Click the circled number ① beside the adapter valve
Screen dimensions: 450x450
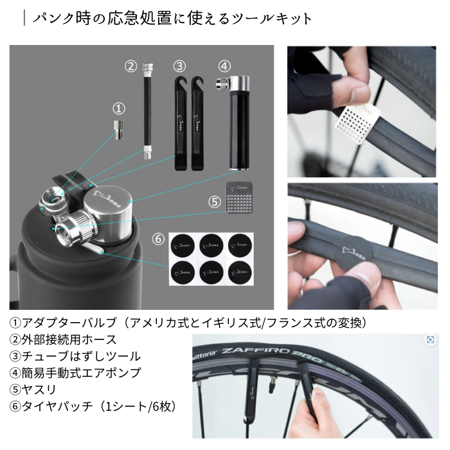[x=118, y=108]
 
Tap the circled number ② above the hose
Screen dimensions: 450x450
[x=131, y=66]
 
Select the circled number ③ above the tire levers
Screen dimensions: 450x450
[x=179, y=66]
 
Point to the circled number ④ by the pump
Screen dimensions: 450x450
[x=224, y=66]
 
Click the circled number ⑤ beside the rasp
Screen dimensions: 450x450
[x=215, y=200]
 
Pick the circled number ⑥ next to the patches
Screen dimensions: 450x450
[x=158, y=239]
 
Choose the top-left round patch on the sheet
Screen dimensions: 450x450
[x=179, y=244]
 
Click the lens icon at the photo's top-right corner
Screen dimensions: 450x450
[x=430, y=339]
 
